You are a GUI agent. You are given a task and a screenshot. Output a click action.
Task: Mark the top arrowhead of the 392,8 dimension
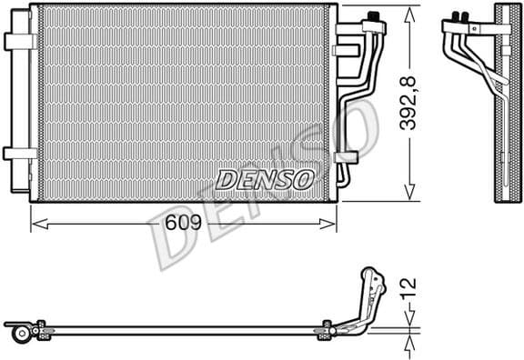(x=409, y=10)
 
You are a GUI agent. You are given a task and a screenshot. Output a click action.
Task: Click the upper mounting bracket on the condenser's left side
(x=18, y=42)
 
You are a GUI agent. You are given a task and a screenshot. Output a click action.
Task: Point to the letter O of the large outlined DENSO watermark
(x=357, y=127)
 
